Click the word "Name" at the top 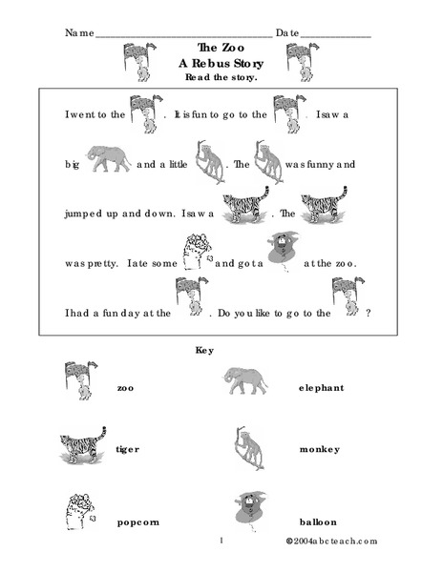(80, 32)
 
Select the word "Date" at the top (288, 32)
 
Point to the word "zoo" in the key (126, 388)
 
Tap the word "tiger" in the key (128, 448)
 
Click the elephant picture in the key (246, 381)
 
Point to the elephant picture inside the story (108, 158)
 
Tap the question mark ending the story (369, 311)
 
